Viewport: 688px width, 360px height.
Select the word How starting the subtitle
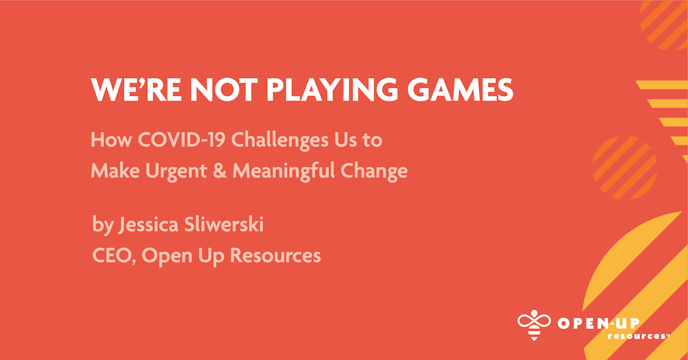107,140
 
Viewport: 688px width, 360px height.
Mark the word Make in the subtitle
111,171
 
